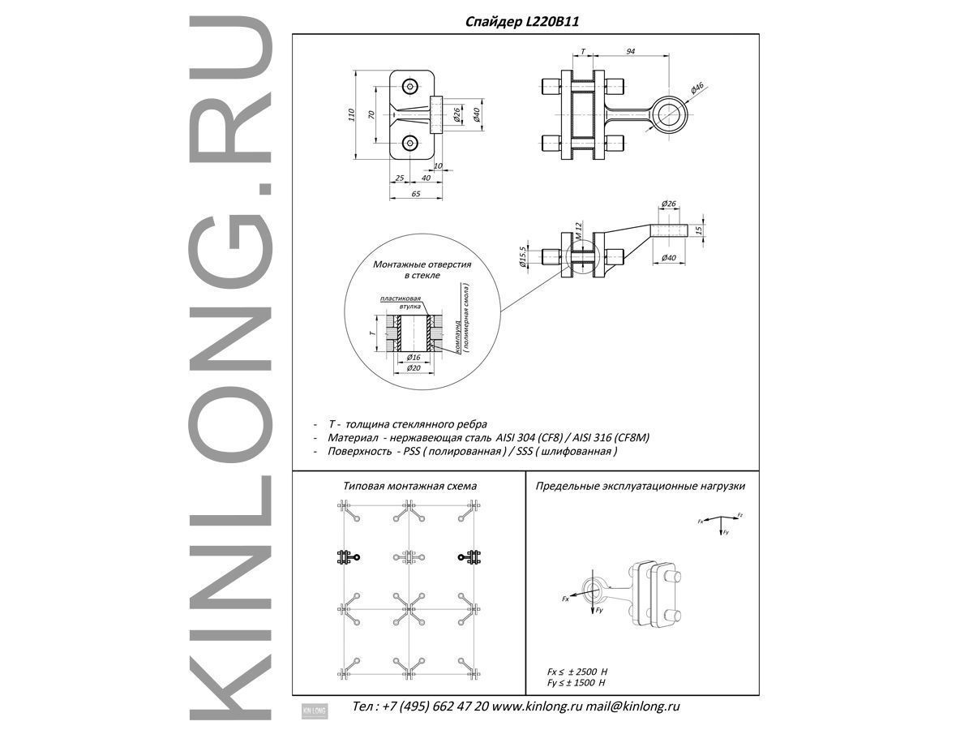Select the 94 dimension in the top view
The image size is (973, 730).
tap(630, 51)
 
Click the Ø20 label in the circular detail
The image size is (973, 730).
tap(414, 368)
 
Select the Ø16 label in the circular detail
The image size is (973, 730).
tap(413, 357)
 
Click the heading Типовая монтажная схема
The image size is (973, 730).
tap(409, 486)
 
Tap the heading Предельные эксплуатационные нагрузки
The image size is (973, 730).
tap(640, 486)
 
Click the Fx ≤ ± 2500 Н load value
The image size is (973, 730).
tap(578, 672)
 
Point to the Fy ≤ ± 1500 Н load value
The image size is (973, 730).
tap(578, 683)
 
